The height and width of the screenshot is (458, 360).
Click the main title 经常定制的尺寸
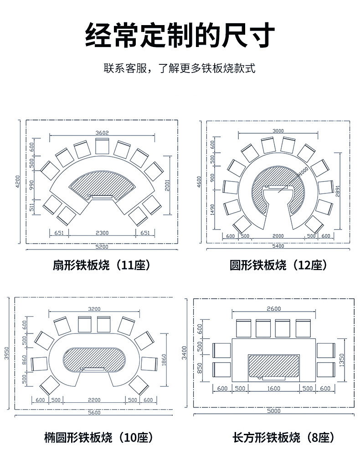(x=180, y=36)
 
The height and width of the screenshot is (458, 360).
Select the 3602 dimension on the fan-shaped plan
(x=102, y=133)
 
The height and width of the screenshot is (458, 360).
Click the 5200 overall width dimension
(x=102, y=247)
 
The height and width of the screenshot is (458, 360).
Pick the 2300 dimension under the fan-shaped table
(x=102, y=233)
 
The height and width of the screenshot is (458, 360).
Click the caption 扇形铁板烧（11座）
(x=102, y=265)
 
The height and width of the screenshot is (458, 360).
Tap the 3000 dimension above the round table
(x=278, y=131)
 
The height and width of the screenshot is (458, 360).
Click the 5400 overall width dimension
(x=278, y=246)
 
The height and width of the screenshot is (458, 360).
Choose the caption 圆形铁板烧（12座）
(x=278, y=265)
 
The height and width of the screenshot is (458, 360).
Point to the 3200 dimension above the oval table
(x=94, y=309)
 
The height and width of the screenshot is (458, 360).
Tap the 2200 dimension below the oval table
(x=94, y=400)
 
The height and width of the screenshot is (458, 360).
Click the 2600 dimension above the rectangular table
(x=273, y=309)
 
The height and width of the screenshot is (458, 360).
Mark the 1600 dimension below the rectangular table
(x=273, y=389)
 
